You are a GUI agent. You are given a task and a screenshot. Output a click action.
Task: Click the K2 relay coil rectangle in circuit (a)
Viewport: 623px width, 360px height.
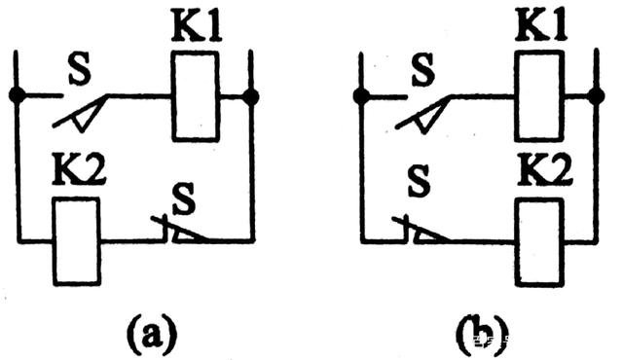click(x=76, y=239)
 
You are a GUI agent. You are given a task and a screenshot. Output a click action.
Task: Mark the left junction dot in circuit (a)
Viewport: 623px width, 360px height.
click(x=17, y=96)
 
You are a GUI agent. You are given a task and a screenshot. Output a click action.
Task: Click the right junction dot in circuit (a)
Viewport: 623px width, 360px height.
click(x=251, y=96)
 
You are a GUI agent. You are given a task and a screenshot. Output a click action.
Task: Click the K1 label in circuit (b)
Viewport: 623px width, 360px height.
click(x=541, y=27)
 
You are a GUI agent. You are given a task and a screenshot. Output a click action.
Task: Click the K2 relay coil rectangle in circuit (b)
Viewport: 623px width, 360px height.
click(x=540, y=240)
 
